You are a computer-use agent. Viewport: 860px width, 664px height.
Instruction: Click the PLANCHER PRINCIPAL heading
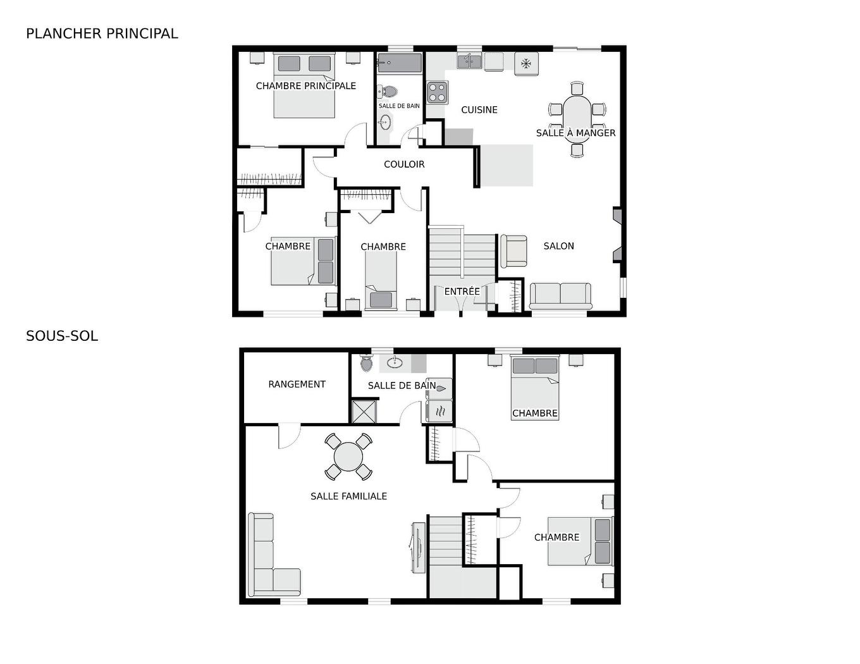(x=102, y=34)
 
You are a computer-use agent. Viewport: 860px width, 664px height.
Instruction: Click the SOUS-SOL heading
(x=62, y=336)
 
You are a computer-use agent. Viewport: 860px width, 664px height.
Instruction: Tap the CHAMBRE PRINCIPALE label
(x=305, y=86)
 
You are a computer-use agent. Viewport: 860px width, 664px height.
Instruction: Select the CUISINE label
(x=479, y=110)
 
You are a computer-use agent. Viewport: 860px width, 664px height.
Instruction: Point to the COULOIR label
(x=404, y=164)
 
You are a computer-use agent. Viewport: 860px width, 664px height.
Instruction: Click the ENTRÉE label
(x=462, y=292)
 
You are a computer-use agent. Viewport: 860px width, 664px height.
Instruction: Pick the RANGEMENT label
(x=297, y=384)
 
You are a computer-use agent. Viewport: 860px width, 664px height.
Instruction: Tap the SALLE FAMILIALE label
(x=348, y=496)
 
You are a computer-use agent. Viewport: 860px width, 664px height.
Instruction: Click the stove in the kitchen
(x=437, y=92)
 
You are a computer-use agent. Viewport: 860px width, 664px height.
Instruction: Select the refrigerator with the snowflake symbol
(x=526, y=64)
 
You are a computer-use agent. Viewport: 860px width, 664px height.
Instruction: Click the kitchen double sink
(x=469, y=61)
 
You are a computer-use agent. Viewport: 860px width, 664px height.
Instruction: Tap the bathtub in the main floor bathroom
(x=400, y=63)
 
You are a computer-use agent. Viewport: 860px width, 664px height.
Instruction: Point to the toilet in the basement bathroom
(x=366, y=364)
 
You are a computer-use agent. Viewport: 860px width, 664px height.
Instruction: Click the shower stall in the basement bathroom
(x=364, y=411)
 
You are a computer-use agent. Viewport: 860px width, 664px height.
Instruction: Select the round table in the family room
(x=348, y=457)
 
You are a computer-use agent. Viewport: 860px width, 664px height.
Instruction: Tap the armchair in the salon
(x=513, y=251)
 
